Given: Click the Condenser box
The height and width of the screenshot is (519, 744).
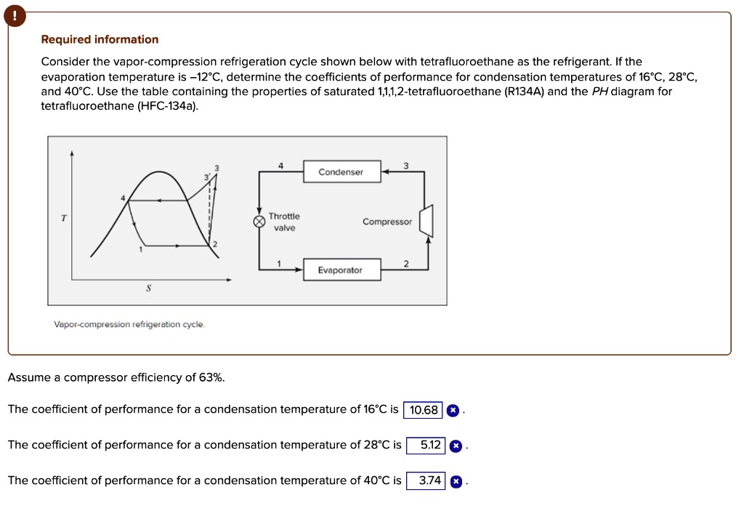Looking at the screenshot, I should pyautogui.click(x=340, y=172).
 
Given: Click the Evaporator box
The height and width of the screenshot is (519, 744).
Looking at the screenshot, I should pyautogui.click(x=340, y=270).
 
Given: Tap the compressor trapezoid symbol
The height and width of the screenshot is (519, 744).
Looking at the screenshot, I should pyautogui.click(x=426, y=221).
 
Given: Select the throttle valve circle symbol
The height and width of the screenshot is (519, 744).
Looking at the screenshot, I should pyautogui.click(x=259, y=222).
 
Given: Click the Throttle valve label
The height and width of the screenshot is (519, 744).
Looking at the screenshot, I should pyautogui.click(x=284, y=222).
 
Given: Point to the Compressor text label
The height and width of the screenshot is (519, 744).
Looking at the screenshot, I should pyautogui.click(x=387, y=222).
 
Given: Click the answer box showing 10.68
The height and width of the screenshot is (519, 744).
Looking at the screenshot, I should pyautogui.click(x=424, y=410).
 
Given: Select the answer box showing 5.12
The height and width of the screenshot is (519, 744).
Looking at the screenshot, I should pyautogui.click(x=430, y=445).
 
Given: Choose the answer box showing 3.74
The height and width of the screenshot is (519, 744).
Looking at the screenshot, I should pyautogui.click(x=430, y=480).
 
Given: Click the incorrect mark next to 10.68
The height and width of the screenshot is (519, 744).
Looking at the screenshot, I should pyautogui.click(x=452, y=410).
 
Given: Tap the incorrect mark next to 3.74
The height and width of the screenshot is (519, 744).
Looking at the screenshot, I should pyautogui.click(x=456, y=481).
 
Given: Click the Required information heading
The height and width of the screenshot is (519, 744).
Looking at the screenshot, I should pyautogui.click(x=100, y=39).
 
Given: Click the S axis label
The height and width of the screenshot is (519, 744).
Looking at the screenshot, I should pyautogui.click(x=148, y=289).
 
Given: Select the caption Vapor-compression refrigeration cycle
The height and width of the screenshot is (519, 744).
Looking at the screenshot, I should pyautogui.click(x=129, y=324).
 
